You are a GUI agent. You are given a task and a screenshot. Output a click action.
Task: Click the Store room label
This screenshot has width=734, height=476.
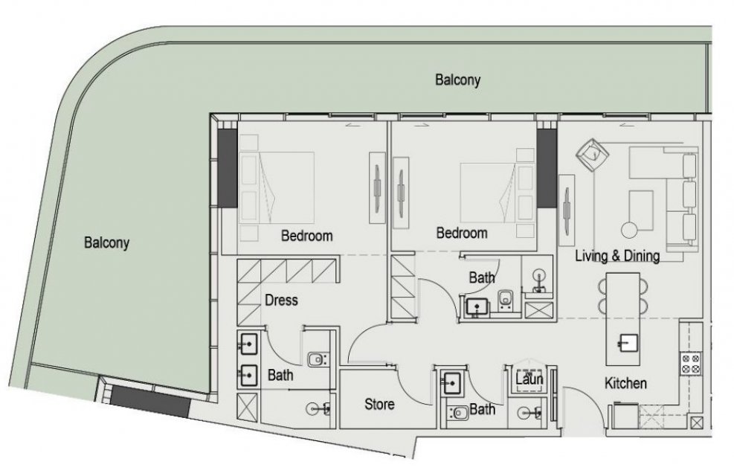tap(379, 404)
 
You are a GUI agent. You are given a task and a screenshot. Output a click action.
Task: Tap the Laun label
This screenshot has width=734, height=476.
tap(529, 379)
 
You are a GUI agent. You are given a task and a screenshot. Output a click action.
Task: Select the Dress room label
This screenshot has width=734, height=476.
tap(281, 300)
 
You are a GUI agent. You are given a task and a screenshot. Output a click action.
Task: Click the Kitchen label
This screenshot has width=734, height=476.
tap(625, 383)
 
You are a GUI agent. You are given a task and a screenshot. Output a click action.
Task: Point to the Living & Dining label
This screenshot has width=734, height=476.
tap(617, 256)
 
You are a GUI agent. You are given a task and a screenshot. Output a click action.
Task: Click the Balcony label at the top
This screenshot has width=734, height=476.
tap(458, 80)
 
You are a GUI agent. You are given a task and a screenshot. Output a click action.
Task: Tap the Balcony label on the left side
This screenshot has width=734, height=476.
tap(107, 243)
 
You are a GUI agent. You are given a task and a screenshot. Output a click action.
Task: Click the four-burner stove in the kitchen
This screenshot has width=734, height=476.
tap(690, 364)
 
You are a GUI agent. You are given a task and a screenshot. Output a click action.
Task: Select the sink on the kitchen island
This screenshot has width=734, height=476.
tap(627, 343)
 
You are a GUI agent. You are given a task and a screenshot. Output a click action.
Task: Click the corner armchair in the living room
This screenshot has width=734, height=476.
tap(592, 153)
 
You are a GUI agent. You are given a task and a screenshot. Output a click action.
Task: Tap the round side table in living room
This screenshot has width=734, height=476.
tap(630, 229)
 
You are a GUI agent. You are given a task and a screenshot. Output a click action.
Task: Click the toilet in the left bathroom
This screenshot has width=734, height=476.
tap(317, 360)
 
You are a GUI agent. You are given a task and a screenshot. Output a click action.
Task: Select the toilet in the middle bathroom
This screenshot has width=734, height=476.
tap(505, 300)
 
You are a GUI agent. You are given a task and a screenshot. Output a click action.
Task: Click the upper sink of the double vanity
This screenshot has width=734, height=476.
tap(248, 344)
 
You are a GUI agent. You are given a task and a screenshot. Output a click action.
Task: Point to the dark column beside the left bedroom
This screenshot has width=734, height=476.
tap(228, 168)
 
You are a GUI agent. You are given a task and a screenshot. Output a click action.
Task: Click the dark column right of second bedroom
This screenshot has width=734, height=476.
tap(546, 168)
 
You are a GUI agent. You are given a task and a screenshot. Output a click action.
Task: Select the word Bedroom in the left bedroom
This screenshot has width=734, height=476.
tap(306, 236)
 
